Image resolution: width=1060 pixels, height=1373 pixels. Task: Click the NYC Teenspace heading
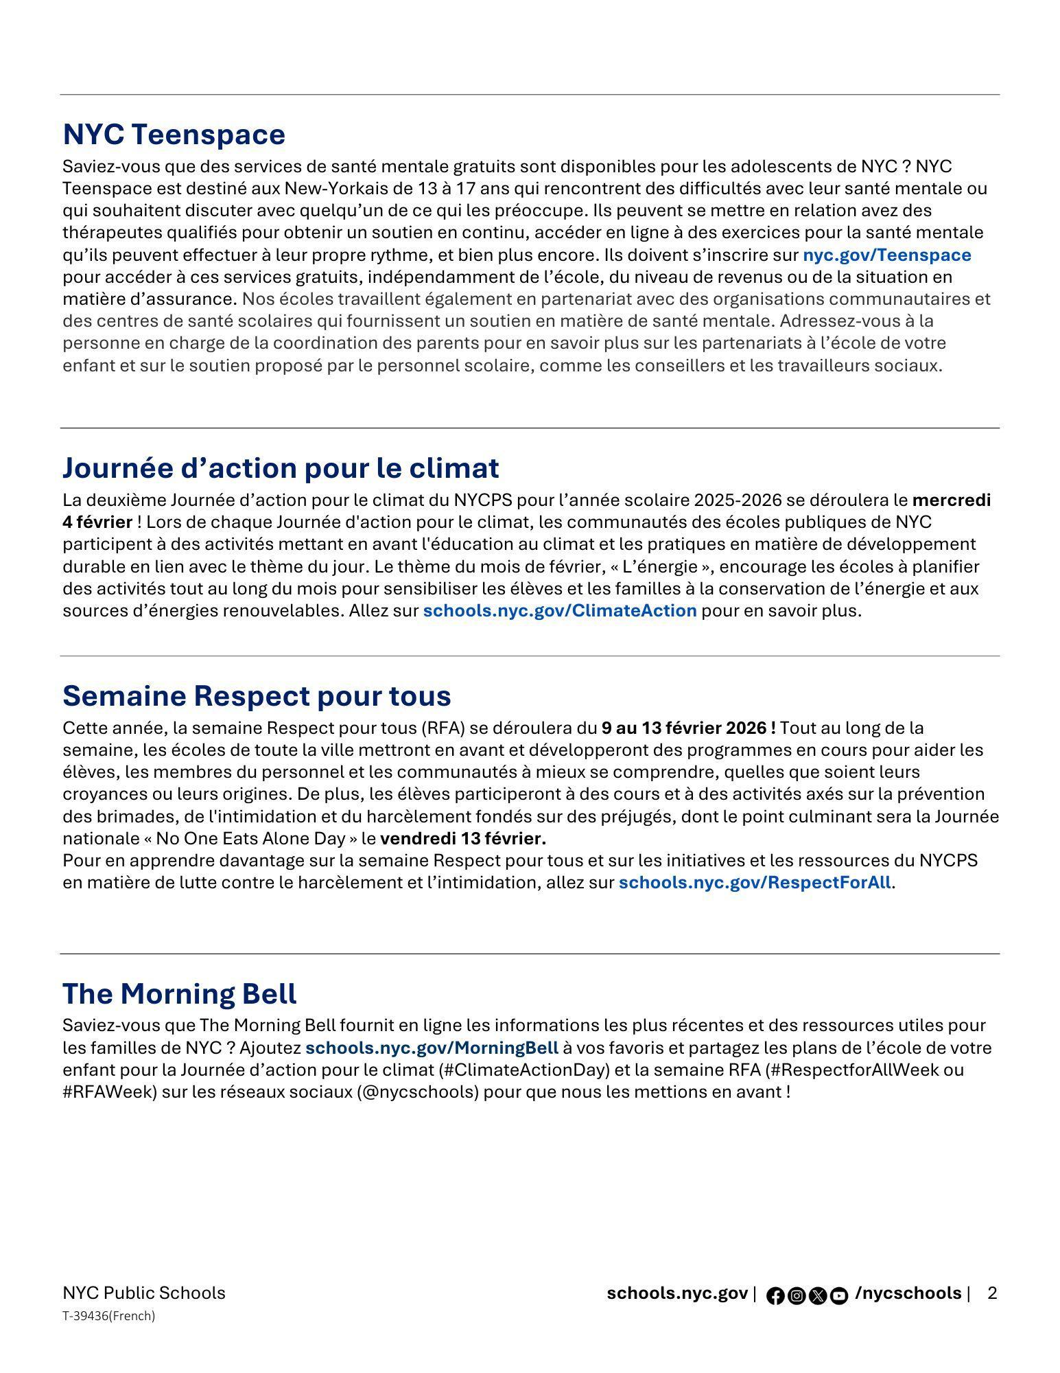click(174, 135)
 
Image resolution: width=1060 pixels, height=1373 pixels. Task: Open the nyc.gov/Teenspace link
click(886, 255)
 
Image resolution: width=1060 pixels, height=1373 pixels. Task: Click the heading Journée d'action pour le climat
click(281, 468)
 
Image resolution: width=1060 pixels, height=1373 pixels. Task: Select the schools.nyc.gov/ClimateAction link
click(559, 611)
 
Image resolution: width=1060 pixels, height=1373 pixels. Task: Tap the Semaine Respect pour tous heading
click(257, 696)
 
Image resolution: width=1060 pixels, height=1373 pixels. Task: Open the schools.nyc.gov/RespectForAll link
click(755, 883)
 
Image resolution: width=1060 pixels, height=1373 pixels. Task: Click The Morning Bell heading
click(180, 994)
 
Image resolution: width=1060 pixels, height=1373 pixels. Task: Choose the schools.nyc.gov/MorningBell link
click(432, 1048)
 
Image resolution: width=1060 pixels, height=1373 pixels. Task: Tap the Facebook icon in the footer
click(775, 1296)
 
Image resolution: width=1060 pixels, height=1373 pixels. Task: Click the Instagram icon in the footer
click(797, 1296)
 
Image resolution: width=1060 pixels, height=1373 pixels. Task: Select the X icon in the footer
click(818, 1296)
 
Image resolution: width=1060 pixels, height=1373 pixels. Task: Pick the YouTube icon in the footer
click(839, 1296)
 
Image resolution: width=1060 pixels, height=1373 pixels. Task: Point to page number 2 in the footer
click(992, 1294)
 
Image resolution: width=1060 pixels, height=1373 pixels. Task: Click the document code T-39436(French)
click(108, 1316)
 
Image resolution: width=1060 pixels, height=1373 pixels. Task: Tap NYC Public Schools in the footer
click(143, 1293)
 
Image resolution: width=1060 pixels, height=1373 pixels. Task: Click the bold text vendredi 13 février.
click(463, 839)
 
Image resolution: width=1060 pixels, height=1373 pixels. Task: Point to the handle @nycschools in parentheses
click(419, 1092)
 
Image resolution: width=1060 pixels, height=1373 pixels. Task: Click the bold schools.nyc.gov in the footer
click(676, 1293)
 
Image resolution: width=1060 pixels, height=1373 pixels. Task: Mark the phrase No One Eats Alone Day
click(250, 839)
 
